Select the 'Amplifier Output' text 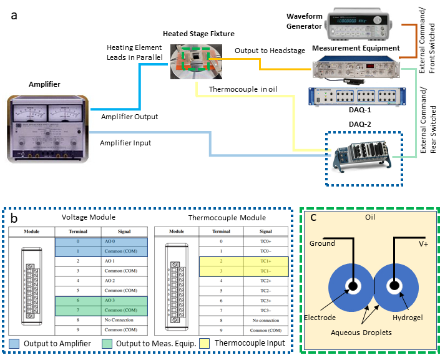pos(130,117)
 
